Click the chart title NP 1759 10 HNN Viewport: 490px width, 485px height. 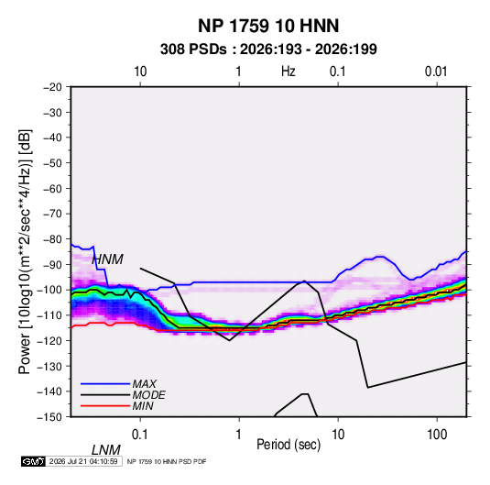click(x=268, y=26)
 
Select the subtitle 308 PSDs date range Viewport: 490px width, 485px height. click(x=268, y=50)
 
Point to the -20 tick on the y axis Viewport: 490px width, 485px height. click(x=52, y=87)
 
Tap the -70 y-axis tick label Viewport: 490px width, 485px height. click(x=52, y=214)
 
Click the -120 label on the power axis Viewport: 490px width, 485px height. click(x=50, y=340)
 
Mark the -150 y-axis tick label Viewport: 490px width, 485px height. click(x=50, y=417)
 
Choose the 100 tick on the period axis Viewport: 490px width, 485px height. click(x=437, y=435)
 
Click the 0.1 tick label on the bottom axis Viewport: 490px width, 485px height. click(x=140, y=435)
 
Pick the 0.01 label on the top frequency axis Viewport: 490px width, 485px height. click(x=436, y=72)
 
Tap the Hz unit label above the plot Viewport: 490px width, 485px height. click(x=289, y=72)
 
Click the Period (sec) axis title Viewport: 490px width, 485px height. click(x=289, y=445)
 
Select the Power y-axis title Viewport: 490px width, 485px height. click(x=25, y=252)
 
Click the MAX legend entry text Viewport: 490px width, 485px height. click(x=145, y=384)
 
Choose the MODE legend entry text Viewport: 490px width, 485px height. click(x=148, y=395)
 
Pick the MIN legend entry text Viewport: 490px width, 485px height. click(x=143, y=406)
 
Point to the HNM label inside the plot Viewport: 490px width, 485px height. click(x=107, y=259)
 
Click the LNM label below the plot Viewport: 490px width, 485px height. click(x=106, y=450)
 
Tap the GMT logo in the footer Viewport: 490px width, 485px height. click(x=34, y=461)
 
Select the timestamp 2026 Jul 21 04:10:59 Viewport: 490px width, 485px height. click(x=83, y=461)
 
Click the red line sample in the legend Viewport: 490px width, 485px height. click(x=105, y=406)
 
